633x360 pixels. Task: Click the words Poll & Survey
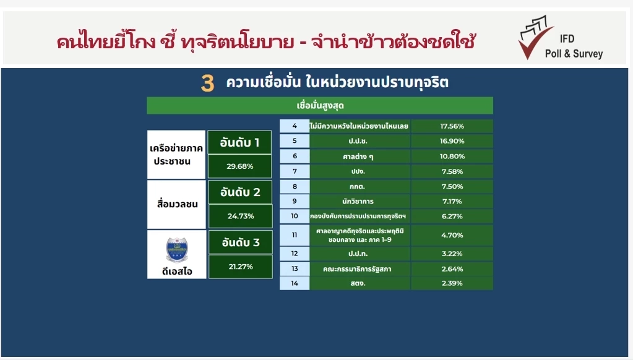tap(573, 54)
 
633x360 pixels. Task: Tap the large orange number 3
tap(208, 84)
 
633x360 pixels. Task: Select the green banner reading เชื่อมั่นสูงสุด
tap(320, 105)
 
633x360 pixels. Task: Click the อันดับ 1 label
tap(239, 143)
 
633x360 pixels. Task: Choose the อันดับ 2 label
tap(240, 192)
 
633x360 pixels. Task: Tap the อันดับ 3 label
tap(240, 242)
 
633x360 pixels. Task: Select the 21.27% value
tap(240, 267)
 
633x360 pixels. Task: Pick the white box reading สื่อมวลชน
tap(176, 204)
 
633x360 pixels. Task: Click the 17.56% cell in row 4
tap(452, 126)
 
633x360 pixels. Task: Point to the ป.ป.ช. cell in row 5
tap(360, 141)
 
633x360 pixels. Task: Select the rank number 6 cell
tap(295, 156)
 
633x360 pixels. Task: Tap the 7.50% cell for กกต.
tap(452, 186)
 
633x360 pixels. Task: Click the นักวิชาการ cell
tap(360, 202)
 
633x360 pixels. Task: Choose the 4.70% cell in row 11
tap(452, 234)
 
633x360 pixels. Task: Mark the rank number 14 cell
tap(295, 283)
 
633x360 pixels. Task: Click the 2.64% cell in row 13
tap(452, 268)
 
